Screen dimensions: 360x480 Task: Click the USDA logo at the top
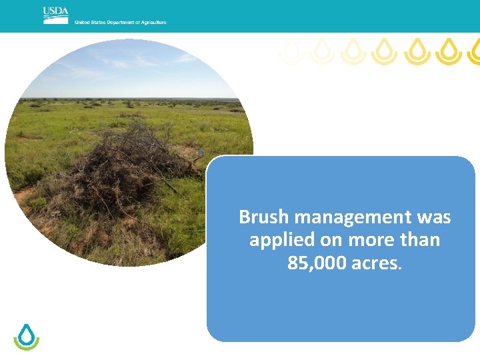[x=55, y=15]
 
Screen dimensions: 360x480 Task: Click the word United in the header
[x=82, y=23]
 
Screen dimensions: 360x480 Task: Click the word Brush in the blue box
[x=264, y=217]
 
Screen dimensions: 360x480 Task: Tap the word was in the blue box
[x=434, y=217]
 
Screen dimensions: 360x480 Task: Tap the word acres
[x=374, y=263]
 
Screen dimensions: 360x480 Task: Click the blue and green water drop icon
[x=27, y=337]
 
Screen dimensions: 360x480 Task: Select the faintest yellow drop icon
[x=291, y=51]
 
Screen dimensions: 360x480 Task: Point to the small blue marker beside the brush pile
[x=199, y=153]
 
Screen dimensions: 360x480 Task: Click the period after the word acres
[x=399, y=267]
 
